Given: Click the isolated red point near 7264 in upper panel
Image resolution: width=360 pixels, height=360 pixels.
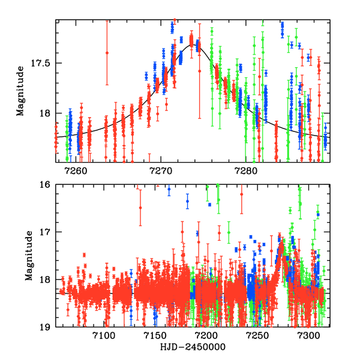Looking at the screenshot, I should pyautogui.click(x=107, y=53).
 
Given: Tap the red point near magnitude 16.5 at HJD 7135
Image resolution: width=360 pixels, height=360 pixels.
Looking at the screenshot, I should pyautogui.click(x=140, y=208).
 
